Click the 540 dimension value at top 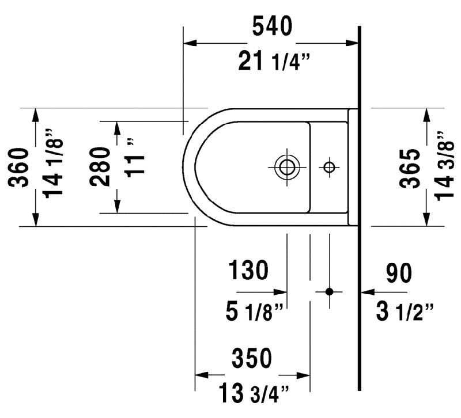point(272,26)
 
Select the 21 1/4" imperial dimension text point(274,61)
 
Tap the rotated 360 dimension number point(18,168)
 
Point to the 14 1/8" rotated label point(54,163)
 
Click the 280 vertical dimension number point(100,166)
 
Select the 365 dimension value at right point(410,168)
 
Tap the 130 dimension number point(248,269)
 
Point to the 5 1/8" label point(254,311)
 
